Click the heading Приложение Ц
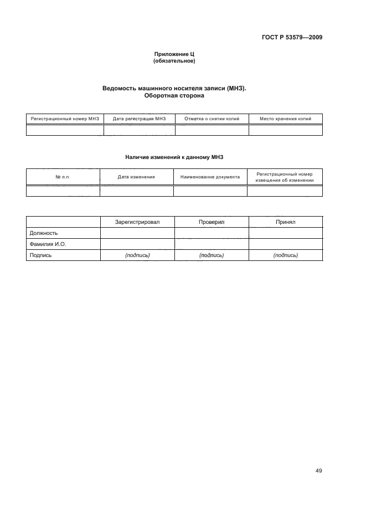(174, 54)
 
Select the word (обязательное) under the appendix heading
(174, 61)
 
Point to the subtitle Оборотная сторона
(174, 95)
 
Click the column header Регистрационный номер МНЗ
(65, 119)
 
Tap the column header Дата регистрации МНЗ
(140, 119)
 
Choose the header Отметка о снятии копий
(212, 119)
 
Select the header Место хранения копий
(285, 119)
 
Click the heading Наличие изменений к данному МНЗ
(174, 157)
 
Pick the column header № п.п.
(63, 177)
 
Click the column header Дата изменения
(136, 177)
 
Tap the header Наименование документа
(210, 177)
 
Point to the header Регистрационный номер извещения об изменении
(285, 177)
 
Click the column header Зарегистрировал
(137, 222)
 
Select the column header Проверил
(212, 222)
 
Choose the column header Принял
(286, 222)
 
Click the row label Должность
(43, 233)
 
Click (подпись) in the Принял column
(286, 255)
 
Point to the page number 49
(318, 471)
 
